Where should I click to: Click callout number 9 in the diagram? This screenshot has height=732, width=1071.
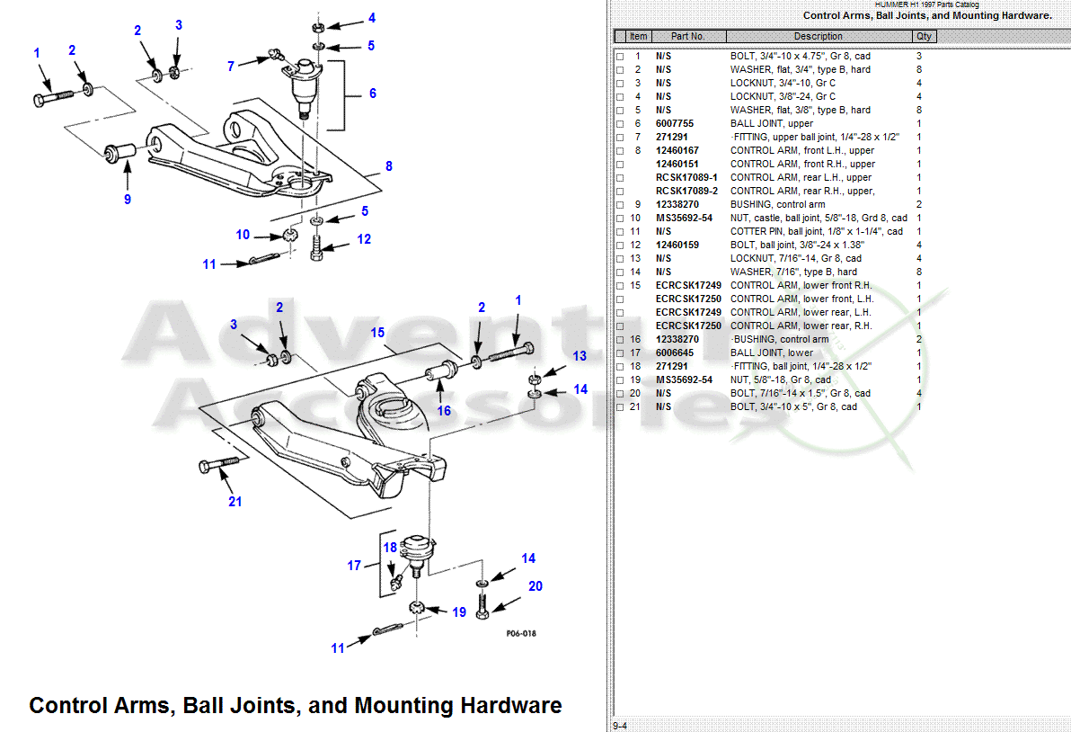128,199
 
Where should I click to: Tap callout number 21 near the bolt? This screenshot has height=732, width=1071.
235,501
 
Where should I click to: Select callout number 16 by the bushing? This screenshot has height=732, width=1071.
444,411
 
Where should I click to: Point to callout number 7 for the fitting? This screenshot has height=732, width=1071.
231,66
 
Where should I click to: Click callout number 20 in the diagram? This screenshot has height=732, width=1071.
535,586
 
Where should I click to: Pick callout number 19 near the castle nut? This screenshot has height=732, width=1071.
459,612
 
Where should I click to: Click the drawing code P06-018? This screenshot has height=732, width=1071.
521,633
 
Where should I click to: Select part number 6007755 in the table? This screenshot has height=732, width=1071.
674,123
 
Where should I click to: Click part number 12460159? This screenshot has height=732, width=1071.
677,245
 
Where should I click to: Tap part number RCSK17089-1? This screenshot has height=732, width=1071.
686,177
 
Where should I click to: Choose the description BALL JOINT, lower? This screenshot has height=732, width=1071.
772,353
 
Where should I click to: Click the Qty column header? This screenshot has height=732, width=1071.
924,37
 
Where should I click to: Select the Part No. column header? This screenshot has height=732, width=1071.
688,37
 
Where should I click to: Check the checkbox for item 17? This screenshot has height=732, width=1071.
620,353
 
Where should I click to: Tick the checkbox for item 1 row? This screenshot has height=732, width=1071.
620,57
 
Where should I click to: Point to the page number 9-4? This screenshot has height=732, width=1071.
620,726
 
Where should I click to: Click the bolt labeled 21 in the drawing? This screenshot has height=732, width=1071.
215,465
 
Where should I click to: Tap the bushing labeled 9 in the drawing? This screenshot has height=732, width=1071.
119,152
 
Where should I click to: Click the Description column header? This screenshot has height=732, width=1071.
818,37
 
